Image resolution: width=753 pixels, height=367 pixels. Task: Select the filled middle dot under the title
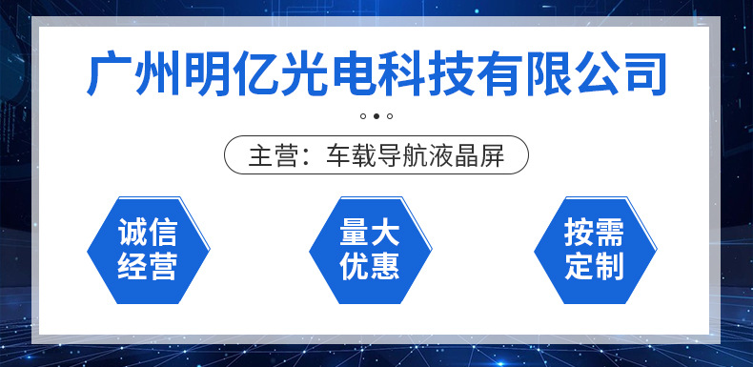pos(376,116)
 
